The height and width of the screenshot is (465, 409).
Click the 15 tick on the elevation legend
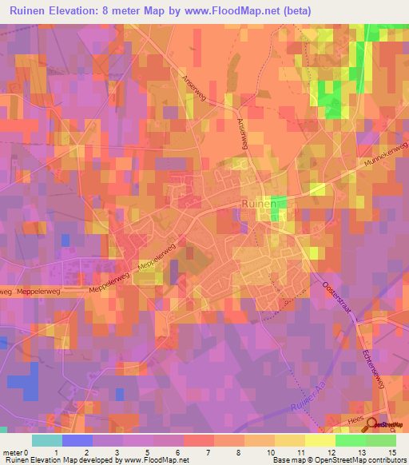click(x=392, y=452)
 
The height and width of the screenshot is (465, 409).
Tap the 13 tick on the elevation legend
click(x=365, y=452)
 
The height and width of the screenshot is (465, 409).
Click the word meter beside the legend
click(x=12, y=452)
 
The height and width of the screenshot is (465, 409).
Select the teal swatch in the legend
click(x=46, y=440)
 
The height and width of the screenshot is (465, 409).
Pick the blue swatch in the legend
click(x=77, y=440)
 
